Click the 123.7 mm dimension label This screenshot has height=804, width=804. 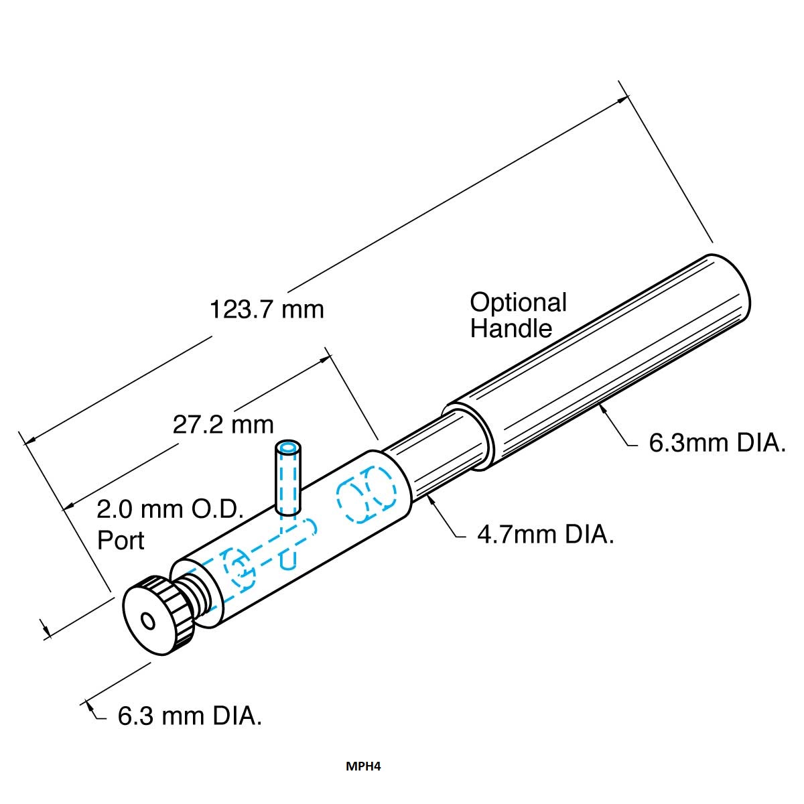point(267,310)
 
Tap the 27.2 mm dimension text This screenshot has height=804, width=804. point(223,425)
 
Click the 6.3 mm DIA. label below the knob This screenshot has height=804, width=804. point(190,716)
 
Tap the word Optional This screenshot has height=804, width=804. point(518,304)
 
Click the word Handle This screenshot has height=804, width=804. point(511,329)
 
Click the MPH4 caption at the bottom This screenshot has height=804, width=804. point(363,766)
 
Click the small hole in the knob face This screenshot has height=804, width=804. point(148,622)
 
